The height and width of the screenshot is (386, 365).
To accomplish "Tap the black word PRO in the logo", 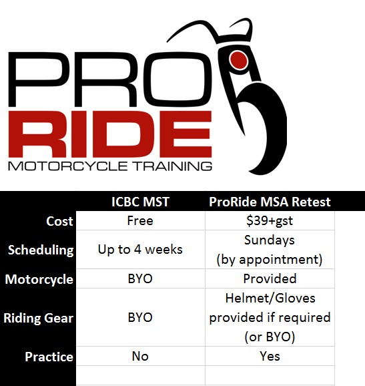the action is point(109,79).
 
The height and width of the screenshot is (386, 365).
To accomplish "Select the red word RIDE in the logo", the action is point(110,134).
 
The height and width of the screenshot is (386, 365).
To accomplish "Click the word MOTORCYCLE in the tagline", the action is point(68,166).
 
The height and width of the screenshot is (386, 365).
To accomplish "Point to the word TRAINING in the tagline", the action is point(173,166).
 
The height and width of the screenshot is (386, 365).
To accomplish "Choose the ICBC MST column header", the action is point(140,202).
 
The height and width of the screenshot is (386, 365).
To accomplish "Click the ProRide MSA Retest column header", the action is point(270,202).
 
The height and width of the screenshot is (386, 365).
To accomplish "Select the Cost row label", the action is point(59,221).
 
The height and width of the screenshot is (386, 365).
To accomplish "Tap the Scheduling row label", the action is point(41,250).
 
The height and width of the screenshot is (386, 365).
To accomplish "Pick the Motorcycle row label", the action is point(39,279).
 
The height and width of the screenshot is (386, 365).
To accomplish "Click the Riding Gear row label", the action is point(39,318).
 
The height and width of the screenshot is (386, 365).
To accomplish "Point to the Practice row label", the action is point(49,357).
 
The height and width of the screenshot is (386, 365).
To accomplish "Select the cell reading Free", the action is point(140,220).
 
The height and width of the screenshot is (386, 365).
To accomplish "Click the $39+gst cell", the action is point(270,221).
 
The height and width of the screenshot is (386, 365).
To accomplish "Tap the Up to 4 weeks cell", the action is point(140,250).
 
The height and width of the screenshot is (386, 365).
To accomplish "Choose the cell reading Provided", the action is point(270,278).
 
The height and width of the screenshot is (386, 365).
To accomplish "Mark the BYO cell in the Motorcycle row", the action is point(140,278).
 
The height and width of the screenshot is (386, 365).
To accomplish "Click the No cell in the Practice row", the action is point(140,356).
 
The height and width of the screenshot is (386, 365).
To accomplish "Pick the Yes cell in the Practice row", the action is point(270,356).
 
